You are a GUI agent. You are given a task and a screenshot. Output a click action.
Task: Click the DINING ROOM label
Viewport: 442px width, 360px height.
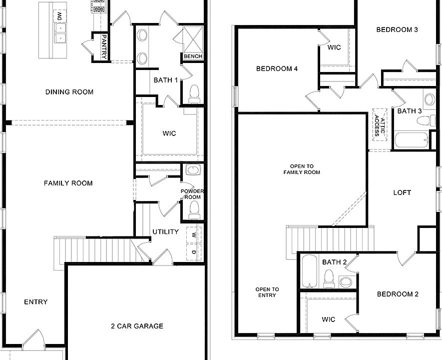coord(69,92)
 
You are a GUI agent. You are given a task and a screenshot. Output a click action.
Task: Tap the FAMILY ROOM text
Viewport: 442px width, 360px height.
coord(68,183)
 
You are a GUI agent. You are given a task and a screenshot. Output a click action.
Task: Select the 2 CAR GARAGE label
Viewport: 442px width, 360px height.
coord(137,326)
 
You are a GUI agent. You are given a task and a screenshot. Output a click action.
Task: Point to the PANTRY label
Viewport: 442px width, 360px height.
coord(104,46)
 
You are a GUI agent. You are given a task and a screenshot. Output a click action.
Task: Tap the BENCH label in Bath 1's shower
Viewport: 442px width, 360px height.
coord(193,56)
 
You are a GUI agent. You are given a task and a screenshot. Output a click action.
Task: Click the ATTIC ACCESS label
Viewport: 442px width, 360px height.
coord(380,123)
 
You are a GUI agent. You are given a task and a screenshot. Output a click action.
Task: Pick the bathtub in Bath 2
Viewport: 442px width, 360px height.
coord(310,271)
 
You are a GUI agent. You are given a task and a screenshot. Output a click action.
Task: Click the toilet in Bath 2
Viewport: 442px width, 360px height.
coord(329,278)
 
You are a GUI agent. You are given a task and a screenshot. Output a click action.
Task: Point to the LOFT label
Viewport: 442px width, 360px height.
coord(402,192)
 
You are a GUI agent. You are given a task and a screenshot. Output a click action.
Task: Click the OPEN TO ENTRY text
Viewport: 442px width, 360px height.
coord(267,292)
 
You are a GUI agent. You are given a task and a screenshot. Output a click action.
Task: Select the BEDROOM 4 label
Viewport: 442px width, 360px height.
coord(277,69)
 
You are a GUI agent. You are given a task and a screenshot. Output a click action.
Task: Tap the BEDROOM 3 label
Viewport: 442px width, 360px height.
coord(397,30)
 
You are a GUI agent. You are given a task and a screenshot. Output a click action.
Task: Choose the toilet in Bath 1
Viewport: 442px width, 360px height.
coord(194,93)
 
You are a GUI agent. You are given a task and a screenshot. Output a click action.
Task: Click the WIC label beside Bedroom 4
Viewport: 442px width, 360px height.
coord(334,47)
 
